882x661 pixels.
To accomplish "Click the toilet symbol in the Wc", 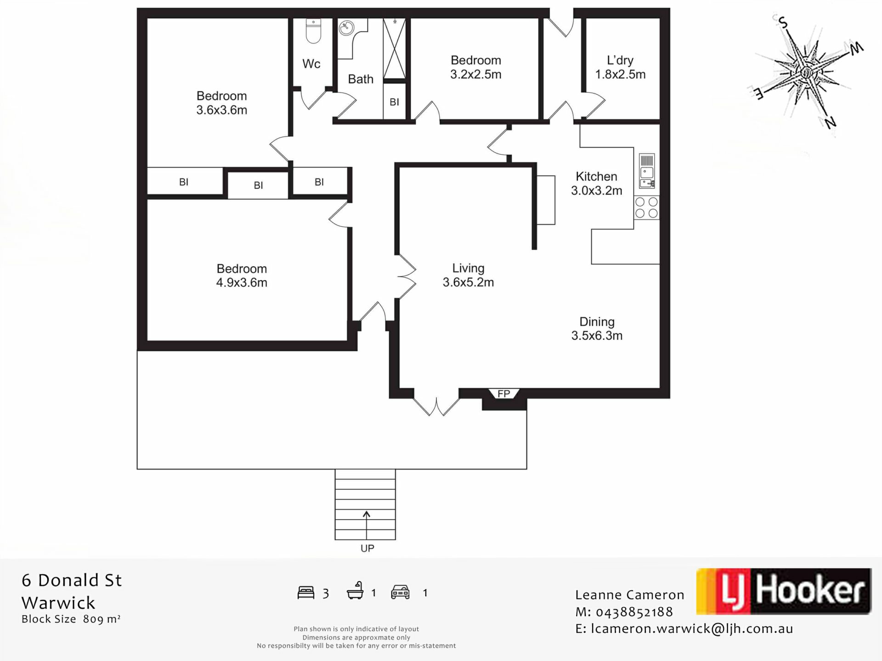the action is coord(313,31).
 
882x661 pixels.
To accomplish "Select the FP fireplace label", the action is coord(503,393).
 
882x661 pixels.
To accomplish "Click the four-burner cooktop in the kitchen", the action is coord(646,207).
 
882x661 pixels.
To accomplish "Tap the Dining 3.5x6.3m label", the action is coord(597,329).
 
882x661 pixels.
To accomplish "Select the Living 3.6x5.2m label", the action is coord(468,275).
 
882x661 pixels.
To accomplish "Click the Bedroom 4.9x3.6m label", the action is coord(242,275).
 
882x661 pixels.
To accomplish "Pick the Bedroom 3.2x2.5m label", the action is coord(475,67).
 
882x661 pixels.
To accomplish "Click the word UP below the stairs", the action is coord(367,548).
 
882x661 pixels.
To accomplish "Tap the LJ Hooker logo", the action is coord(784,591).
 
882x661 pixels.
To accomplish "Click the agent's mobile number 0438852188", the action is coord(634,612).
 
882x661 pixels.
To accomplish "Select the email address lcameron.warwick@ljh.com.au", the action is coord(692,629).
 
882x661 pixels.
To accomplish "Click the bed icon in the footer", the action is coord(306,593).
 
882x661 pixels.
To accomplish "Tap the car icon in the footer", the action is coord(400,592).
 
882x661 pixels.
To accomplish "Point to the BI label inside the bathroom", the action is coord(394,102).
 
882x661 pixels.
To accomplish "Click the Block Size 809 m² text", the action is coord(71,619).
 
